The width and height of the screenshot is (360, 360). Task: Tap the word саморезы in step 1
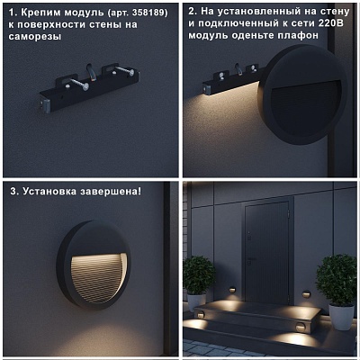[x=34, y=37]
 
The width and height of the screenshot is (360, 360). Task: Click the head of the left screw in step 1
[x=85, y=86]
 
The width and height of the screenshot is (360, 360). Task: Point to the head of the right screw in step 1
[x=131, y=73]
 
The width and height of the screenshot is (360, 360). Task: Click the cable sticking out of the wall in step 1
[x=92, y=72]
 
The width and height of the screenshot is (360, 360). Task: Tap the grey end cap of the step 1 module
[x=46, y=106]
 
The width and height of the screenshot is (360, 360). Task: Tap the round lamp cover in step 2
[x=302, y=95]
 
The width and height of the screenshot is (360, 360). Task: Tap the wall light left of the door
[x=232, y=291]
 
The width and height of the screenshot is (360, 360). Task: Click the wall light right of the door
[x=306, y=294]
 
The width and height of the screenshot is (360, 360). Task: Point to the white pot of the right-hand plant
[x=341, y=317]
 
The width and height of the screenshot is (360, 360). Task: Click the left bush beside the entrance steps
[x=198, y=275]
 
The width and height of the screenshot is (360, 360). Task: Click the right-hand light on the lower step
[x=300, y=328]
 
